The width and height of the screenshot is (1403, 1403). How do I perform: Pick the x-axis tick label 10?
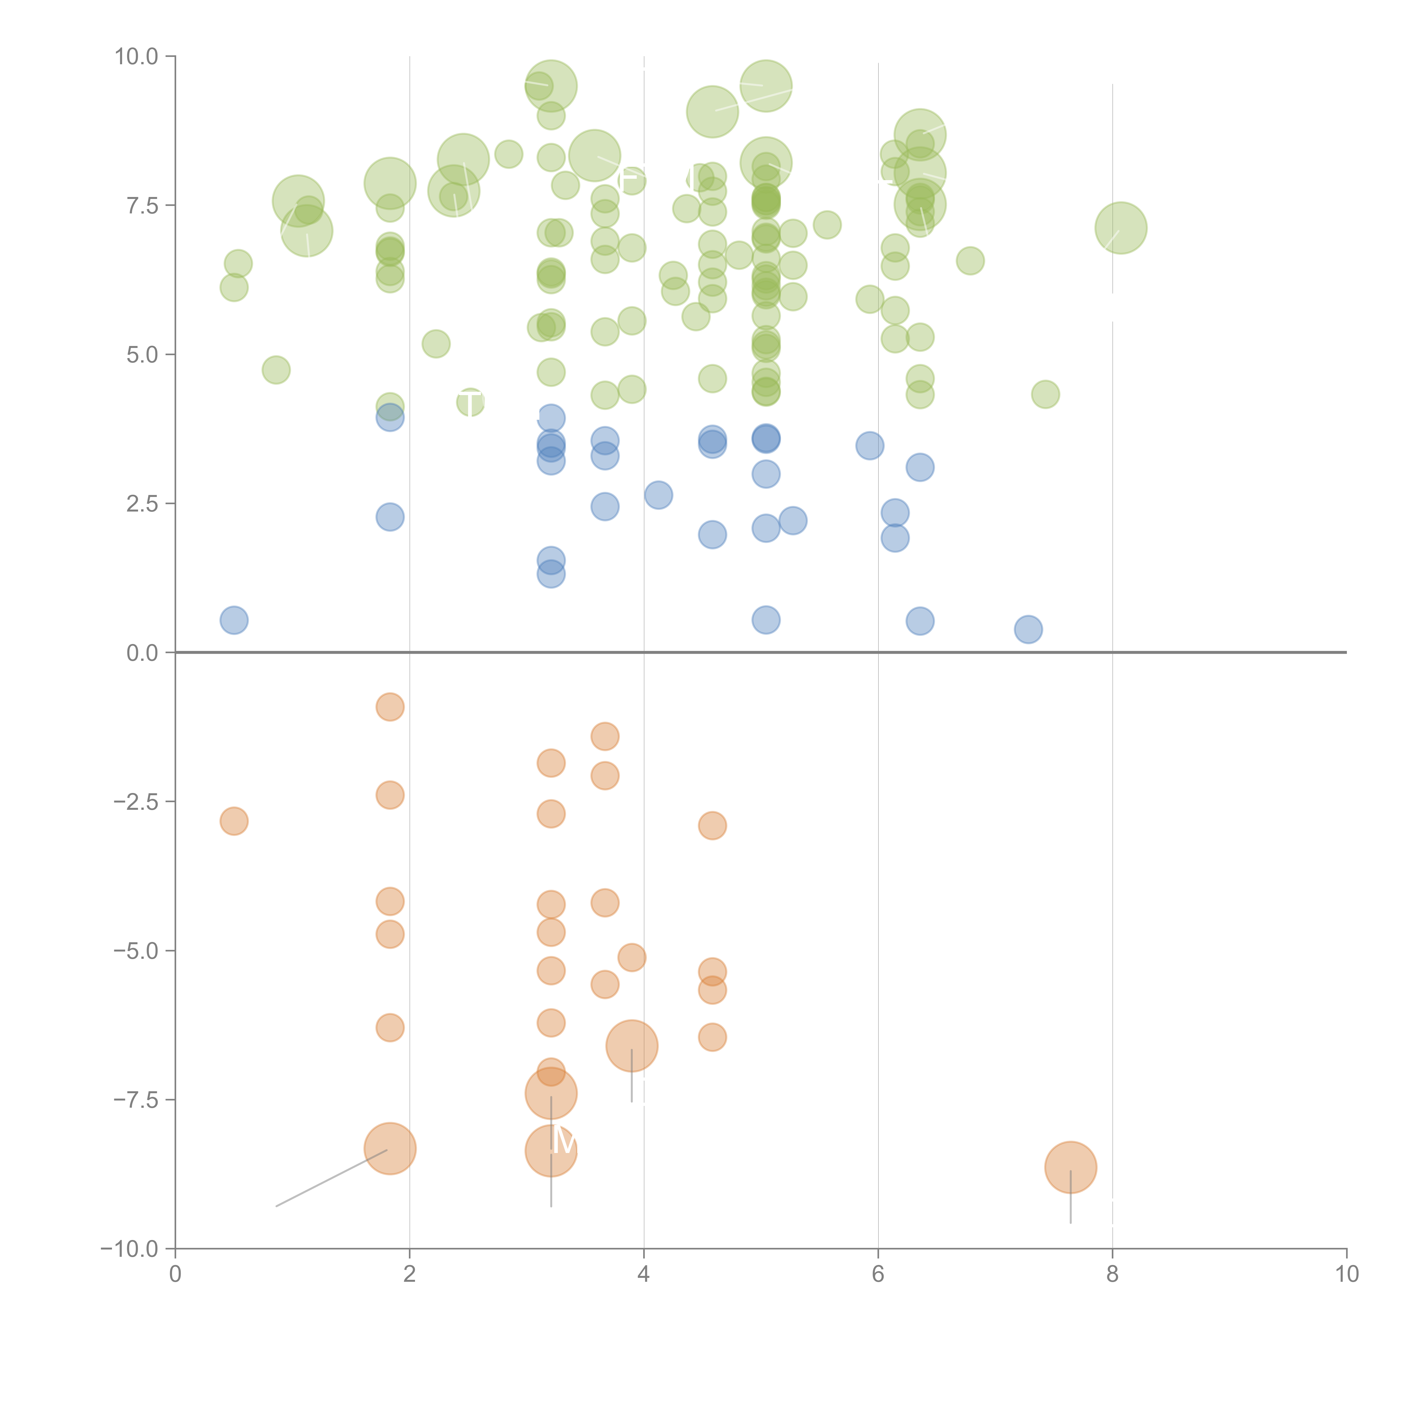pyautogui.click(x=1346, y=1274)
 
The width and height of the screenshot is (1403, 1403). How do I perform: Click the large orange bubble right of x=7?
pyautogui.click(x=1070, y=1167)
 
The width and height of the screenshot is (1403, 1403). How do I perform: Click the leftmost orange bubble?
pyautogui.click(x=234, y=821)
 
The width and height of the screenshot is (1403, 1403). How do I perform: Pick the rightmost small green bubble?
pyautogui.click(x=1045, y=394)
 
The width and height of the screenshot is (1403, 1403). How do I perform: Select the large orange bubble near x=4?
pyautogui.click(x=632, y=1046)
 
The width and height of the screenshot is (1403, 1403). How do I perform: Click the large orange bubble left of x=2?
pyautogui.click(x=390, y=1149)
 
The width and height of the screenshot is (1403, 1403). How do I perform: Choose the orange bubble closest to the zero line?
pyautogui.click(x=390, y=707)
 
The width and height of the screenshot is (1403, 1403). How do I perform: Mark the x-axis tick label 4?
pyautogui.click(x=643, y=1274)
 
